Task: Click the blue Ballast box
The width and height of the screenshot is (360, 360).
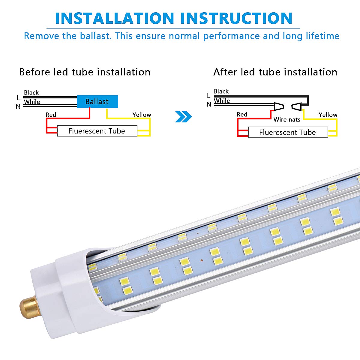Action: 97,102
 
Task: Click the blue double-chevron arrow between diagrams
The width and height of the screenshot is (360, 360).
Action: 183,117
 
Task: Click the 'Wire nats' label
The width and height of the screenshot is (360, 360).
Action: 287,120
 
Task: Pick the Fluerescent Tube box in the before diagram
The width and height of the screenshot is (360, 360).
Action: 97,131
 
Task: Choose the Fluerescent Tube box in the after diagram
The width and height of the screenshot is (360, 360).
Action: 288,133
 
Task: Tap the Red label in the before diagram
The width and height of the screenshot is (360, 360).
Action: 51,115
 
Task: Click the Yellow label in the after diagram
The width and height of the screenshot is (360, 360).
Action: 328,115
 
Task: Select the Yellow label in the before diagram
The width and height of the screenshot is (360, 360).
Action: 142,115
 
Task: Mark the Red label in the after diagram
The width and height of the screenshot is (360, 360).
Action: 242,115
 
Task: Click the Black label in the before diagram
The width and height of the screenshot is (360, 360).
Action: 31,93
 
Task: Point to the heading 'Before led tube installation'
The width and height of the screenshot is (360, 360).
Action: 85,72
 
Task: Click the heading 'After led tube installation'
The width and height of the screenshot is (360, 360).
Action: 275,72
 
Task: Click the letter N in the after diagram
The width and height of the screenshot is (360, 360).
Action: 209,104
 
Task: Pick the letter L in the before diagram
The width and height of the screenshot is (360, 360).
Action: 18,98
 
